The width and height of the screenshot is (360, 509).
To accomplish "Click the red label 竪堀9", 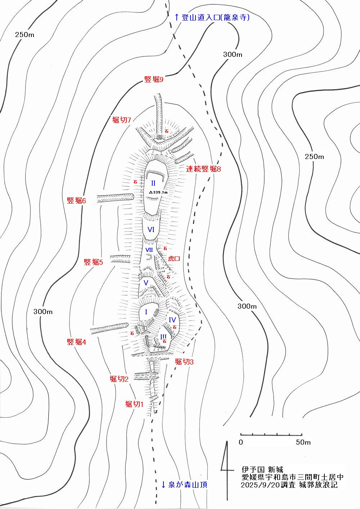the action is click(x=154, y=79).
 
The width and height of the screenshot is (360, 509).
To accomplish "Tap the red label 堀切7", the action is click(x=121, y=120).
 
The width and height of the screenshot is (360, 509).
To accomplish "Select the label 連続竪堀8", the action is click(x=203, y=169).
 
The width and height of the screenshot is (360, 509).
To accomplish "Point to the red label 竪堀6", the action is click(x=76, y=201).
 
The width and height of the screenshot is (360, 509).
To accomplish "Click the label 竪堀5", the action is click(x=93, y=262).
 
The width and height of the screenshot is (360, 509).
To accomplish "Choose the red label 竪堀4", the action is click(x=76, y=342).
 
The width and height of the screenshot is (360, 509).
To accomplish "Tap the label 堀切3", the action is click(x=184, y=362).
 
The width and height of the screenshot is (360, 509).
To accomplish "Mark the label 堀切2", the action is click(x=119, y=379).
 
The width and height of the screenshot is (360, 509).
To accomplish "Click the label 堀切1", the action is click(x=134, y=404).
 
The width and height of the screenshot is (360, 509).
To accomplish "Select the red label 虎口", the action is click(x=174, y=259).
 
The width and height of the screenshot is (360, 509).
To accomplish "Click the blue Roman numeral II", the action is click(x=153, y=183).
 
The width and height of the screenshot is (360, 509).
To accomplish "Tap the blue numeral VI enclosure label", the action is click(x=151, y=229).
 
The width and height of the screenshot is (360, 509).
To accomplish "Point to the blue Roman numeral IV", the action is click(x=172, y=320).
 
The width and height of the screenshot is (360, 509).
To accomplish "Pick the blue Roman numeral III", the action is click(x=163, y=337).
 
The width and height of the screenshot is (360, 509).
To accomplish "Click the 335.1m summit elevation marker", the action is click(x=158, y=192).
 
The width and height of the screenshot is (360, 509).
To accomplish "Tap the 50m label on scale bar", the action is click(x=303, y=442).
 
